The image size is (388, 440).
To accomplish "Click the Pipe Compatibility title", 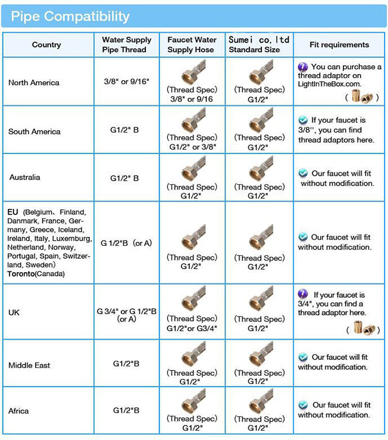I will (x=70, y=16).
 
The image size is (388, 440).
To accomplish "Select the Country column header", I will (x=46, y=45).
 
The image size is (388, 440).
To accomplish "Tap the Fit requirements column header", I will (x=339, y=45).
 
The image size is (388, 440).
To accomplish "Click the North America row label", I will (x=34, y=83).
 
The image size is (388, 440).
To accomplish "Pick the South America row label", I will (x=34, y=131).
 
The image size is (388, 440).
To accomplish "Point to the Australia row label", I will (x=24, y=177).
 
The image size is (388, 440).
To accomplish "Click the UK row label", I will (x=14, y=313).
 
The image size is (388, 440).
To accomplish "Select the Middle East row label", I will (x=29, y=365).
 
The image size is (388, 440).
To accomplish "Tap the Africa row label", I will (x=19, y=411).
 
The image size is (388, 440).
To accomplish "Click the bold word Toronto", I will (x=21, y=274).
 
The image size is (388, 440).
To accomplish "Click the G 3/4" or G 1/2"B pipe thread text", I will (x=127, y=311).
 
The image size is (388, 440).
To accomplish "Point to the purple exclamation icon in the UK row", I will (x=303, y=294).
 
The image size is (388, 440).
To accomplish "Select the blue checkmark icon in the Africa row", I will (x=303, y=405).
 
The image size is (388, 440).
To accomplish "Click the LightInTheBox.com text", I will (x=329, y=84).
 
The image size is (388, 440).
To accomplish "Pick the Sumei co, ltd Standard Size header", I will (x=259, y=45).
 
